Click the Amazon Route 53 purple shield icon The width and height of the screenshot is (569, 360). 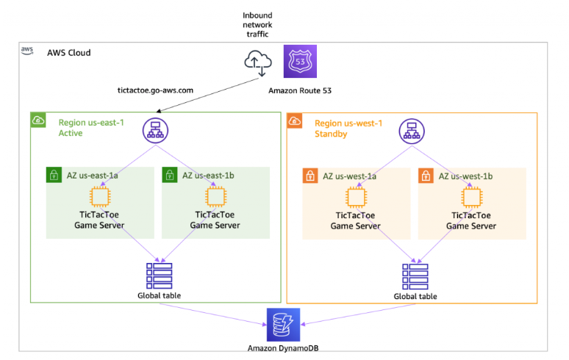pos(300,61)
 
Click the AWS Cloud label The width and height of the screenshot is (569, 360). pos(69,53)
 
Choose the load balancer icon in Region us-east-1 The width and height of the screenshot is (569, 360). pos(154,131)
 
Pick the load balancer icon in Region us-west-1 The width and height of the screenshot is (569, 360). pos(410,131)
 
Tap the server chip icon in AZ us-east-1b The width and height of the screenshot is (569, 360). pos(215,196)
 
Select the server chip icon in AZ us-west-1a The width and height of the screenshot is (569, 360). pos(356,196)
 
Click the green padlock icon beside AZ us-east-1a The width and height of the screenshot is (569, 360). pos(54,176)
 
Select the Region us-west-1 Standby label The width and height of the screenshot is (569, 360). pos(348,129)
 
